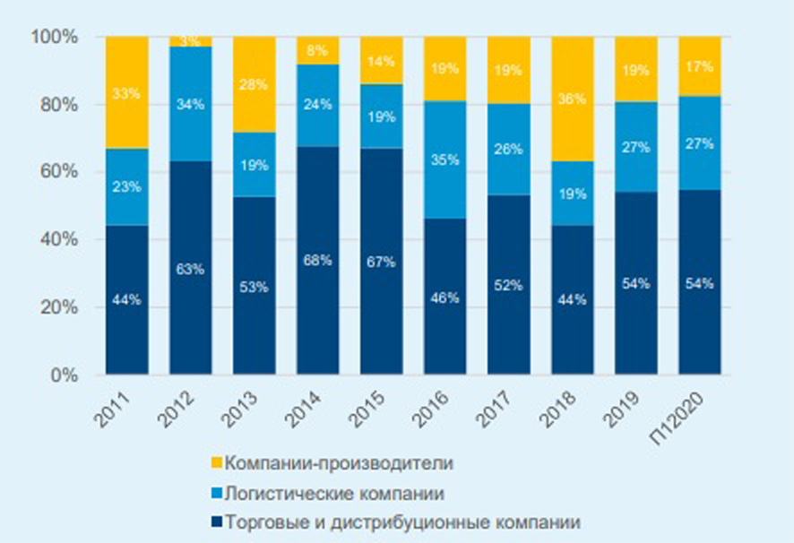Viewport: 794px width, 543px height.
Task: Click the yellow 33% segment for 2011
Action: click(126, 92)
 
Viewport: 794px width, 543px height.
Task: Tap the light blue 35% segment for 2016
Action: click(444, 159)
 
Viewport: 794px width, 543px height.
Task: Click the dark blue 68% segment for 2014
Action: click(317, 260)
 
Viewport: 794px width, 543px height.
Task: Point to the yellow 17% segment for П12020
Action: click(699, 66)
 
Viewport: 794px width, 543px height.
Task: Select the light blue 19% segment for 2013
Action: click(254, 164)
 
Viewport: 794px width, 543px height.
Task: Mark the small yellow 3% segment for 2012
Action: click(191, 41)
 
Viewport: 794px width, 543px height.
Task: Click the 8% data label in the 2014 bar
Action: click(318, 51)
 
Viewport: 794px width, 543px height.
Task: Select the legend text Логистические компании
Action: click(334, 493)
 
